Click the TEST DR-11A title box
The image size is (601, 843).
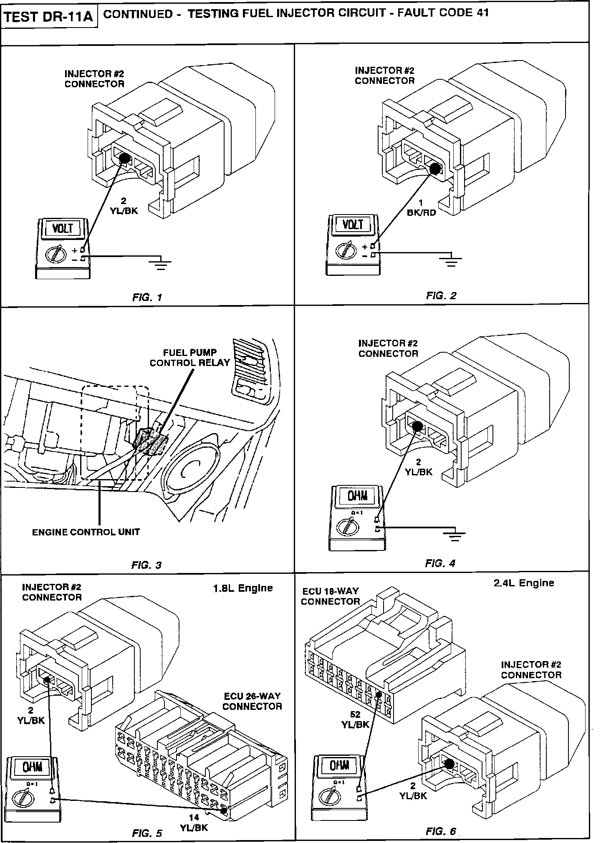point(49,18)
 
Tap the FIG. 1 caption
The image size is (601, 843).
point(147,297)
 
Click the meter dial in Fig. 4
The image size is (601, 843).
point(348,525)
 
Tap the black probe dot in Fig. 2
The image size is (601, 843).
point(435,169)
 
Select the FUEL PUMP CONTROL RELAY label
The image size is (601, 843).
point(190,358)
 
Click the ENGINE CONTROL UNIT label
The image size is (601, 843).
point(86,532)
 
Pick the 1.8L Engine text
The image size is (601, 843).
point(243,588)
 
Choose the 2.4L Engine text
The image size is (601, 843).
point(524,583)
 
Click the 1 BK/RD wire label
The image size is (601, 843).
point(421,208)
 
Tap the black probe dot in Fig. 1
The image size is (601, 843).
point(125,158)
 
